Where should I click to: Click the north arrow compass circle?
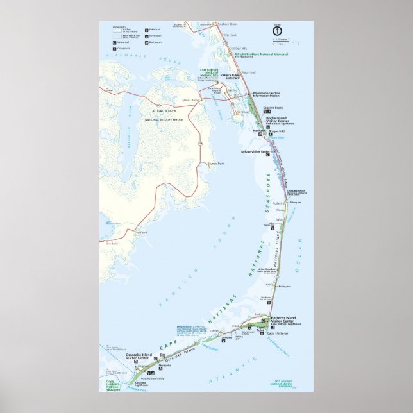(278, 29)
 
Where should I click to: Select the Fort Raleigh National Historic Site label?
(209, 72)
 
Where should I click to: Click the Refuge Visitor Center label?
(255, 152)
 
